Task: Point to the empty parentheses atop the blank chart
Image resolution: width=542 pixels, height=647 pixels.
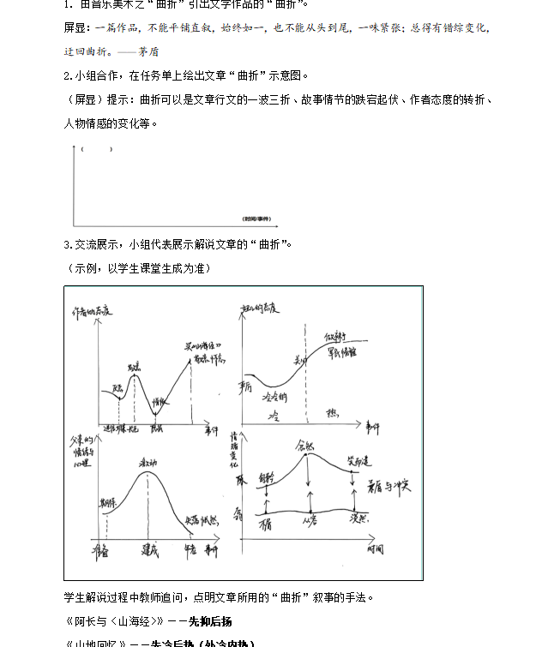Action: pyautogui.click(x=87, y=151)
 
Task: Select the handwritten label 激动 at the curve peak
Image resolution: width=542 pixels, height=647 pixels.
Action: pyautogui.click(x=147, y=463)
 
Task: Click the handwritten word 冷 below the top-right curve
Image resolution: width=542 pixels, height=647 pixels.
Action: pyautogui.click(x=276, y=415)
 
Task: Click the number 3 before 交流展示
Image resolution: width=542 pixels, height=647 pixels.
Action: pyautogui.click(x=67, y=244)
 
